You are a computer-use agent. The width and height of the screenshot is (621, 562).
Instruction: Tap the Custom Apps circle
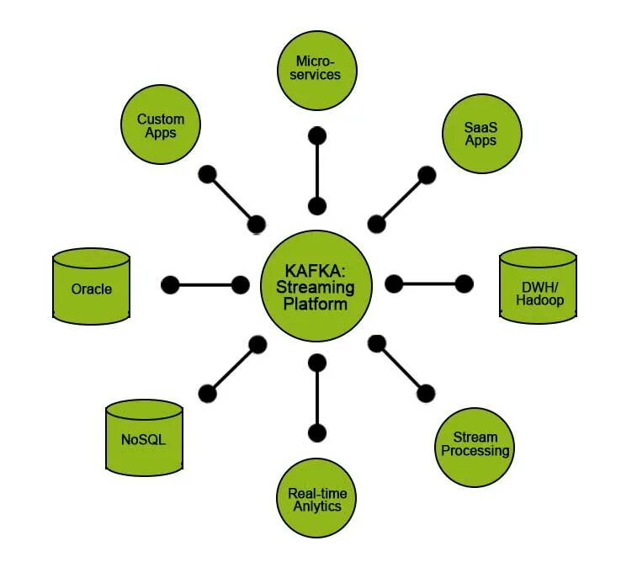160,125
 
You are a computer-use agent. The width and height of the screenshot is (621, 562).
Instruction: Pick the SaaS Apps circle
480,132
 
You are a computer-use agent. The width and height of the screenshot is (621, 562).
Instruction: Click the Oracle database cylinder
91,286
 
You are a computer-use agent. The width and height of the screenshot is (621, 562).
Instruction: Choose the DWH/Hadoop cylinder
538,286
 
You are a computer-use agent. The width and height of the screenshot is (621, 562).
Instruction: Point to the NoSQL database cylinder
144,437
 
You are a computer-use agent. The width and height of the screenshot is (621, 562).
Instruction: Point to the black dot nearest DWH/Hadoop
464,284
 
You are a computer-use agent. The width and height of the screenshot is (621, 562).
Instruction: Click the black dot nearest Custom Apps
207,175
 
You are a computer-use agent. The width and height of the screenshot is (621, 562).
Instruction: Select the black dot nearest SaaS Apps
427,175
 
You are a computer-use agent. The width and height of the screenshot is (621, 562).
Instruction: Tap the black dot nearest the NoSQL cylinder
207,392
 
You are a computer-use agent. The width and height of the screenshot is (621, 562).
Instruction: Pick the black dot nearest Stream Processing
427,392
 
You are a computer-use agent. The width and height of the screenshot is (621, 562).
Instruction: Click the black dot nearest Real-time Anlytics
317,434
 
